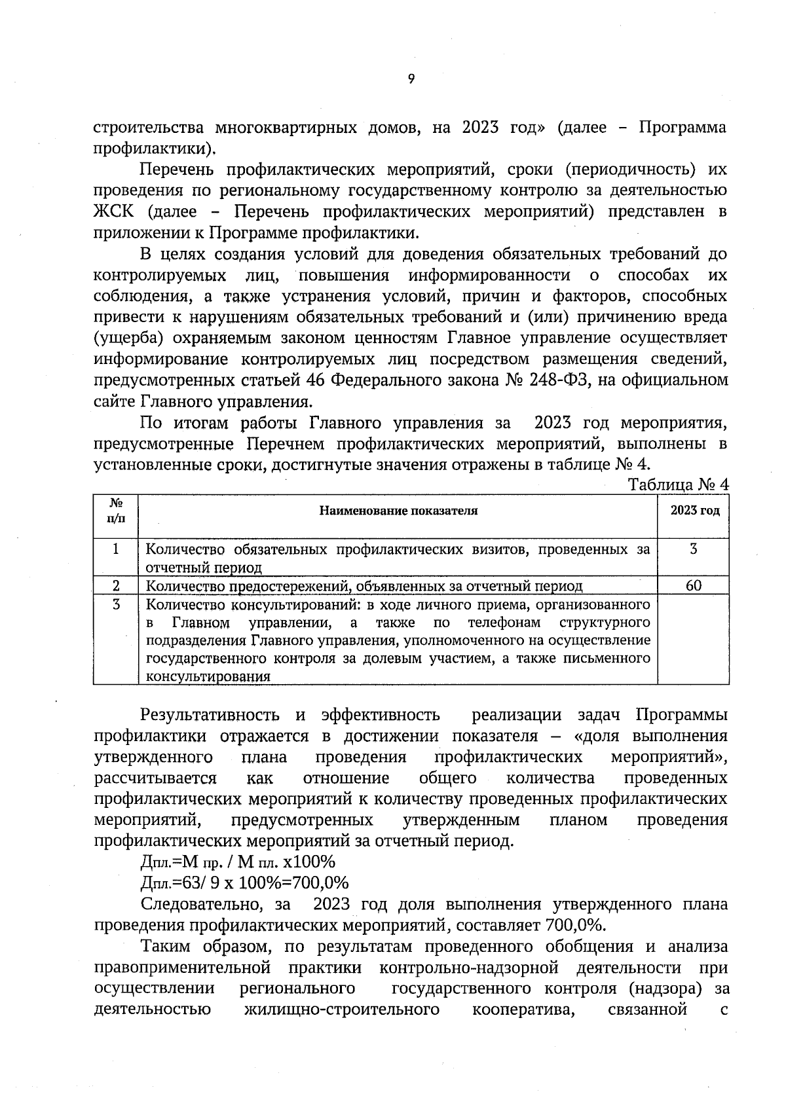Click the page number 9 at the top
click(x=411, y=79)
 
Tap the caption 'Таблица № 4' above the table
click(x=678, y=485)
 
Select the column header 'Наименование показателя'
click(x=398, y=511)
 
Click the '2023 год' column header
click(x=694, y=511)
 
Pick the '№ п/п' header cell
click(x=116, y=511)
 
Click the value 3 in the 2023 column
click(x=694, y=549)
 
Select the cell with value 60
click(x=694, y=585)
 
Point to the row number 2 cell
click(x=116, y=585)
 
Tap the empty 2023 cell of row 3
click(x=694, y=639)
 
